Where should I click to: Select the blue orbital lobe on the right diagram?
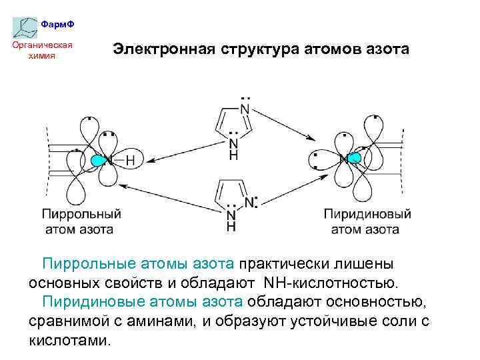(x=353, y=158)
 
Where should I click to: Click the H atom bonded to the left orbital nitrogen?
(x=130, y=161)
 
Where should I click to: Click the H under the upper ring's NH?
(x=233, y=155)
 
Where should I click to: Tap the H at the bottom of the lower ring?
(x=231, y=227)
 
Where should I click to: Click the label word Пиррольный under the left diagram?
(x=81, y=214)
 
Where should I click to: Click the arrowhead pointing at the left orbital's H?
(x=151, y=161)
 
